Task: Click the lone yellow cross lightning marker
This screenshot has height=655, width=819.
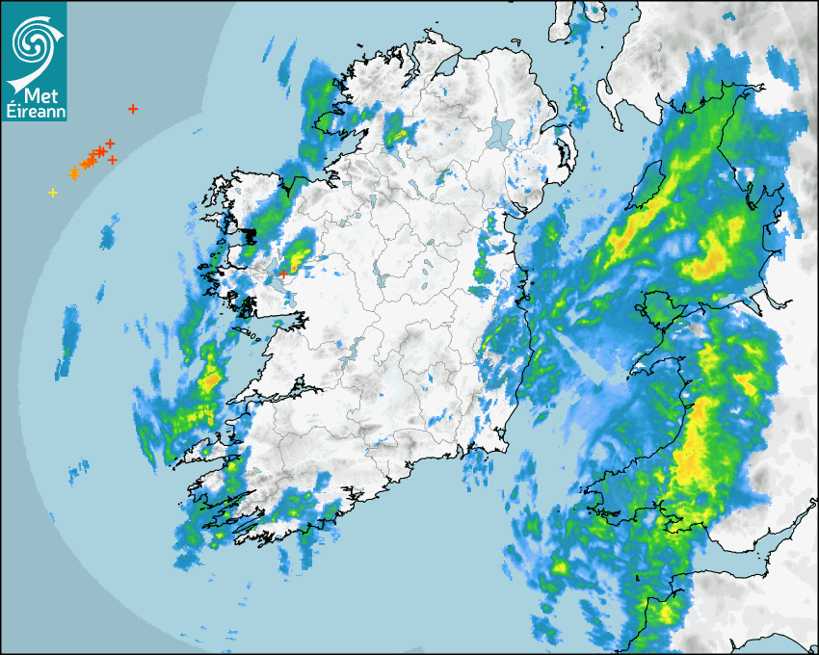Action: (53, 193)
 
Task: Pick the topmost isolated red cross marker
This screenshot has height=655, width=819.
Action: (133, 109)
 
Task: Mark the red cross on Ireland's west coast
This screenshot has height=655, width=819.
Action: (283, 274)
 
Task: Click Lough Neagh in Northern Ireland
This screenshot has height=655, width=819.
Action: (503, 131)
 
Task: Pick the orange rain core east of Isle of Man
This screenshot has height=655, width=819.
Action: (714, 258)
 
